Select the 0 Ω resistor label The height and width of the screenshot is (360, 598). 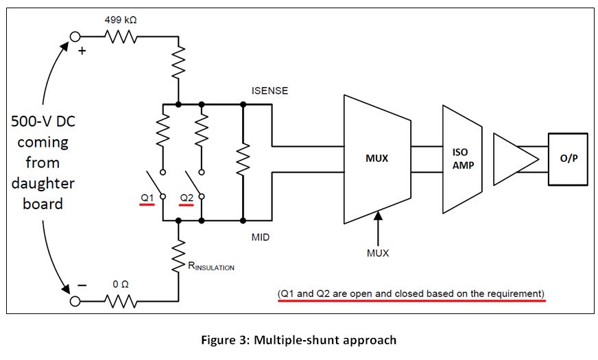121,285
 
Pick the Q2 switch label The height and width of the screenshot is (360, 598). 187,198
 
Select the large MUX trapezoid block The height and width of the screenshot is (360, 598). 376,158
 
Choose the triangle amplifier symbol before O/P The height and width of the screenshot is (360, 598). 514,158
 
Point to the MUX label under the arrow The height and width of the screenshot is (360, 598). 377,253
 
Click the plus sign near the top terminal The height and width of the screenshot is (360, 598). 82,51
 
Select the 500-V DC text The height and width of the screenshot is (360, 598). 43,122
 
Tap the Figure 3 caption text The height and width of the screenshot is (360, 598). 298,339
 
